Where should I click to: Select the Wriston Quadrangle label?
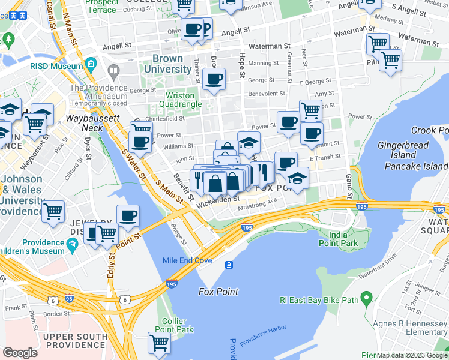point(180,100)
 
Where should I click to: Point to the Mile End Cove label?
point(187,260)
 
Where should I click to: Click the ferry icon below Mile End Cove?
point(229,265)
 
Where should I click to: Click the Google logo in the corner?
point(20,353)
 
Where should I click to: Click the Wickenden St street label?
point(218,199)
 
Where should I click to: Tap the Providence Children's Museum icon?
point(73,244)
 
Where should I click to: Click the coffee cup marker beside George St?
point(214,79)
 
